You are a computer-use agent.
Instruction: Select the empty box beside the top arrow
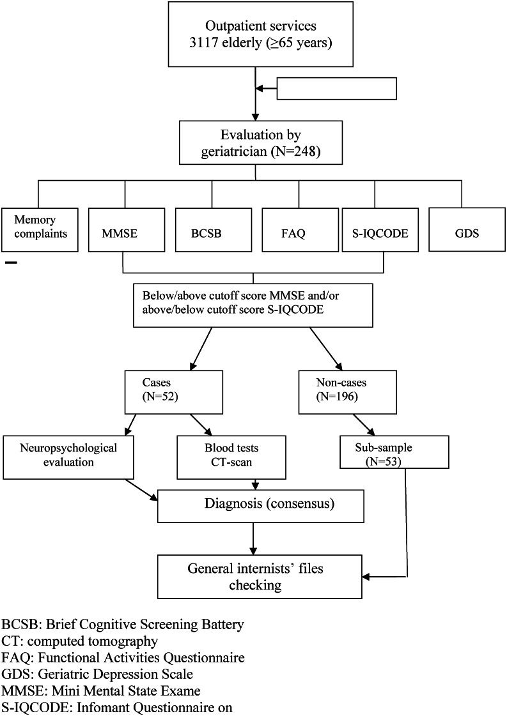click(x=337, y=89)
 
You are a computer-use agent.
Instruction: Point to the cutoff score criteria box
click(x=254, y=303)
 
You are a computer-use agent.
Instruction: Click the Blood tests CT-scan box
click(x=220, y=456)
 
